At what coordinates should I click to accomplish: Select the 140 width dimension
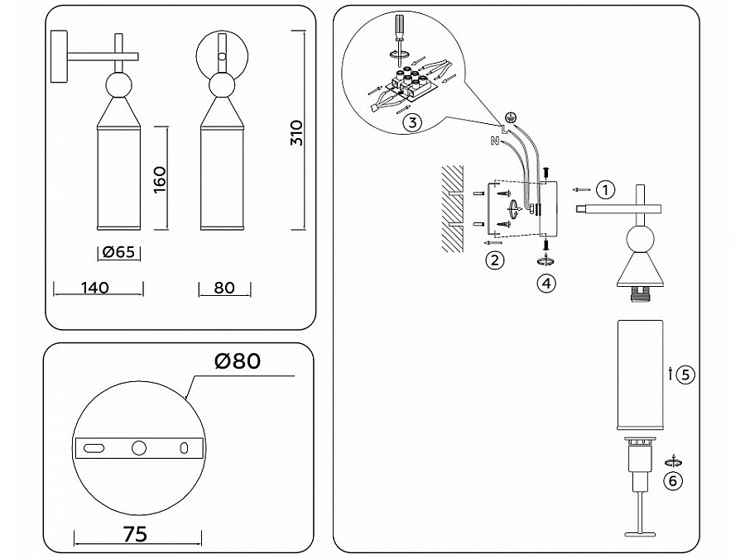pyautogui.click(x=96, y=288)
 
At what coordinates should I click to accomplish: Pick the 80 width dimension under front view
pyautogui.click(x=224, y=288)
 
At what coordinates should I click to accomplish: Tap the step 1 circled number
pyautogui.click(x=606, y=189)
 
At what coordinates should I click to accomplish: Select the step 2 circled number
pyautogui.click(x=494, y=261)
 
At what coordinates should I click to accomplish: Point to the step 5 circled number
pyautogui.click(x=685, y=374)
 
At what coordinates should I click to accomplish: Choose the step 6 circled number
pyautogui.click(x=675, y=481)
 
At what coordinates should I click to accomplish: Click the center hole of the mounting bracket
pyautogui.click(x=138, y=447)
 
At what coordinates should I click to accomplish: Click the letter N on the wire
pyautogui.click(x=494, y=141)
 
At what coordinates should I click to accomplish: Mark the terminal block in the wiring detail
pyautogui.click(x=411, y=85)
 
